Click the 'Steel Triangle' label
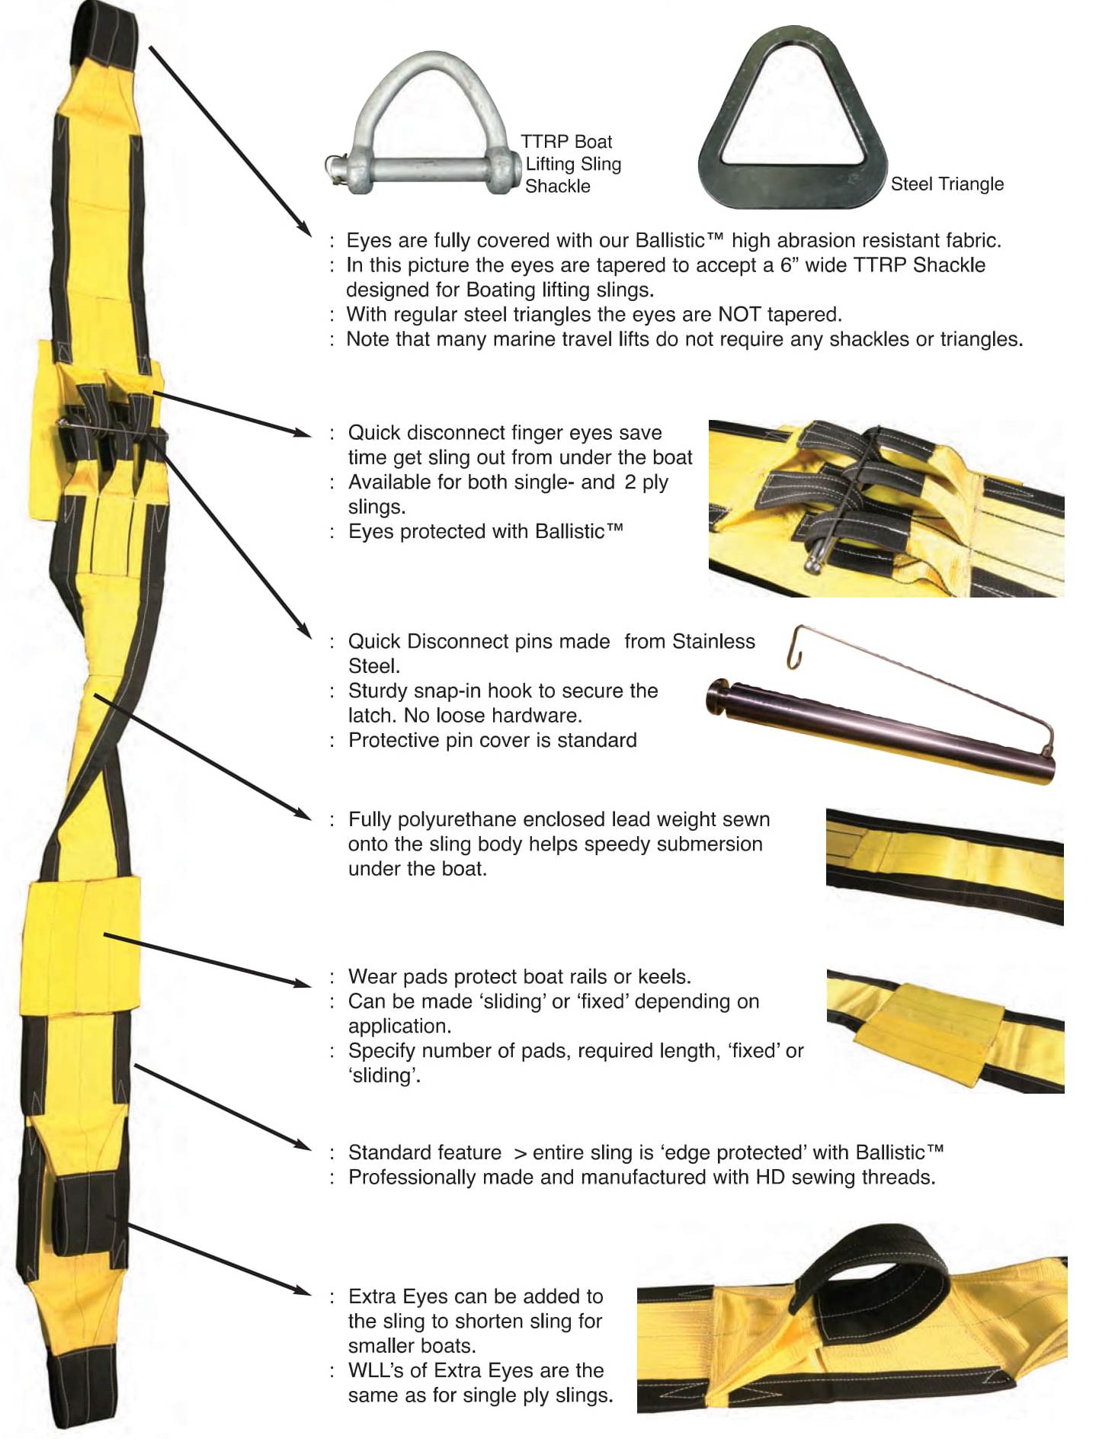tap(947, 184)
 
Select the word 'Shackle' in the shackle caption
tap(557, 186)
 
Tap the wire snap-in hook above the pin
tap(915, 671)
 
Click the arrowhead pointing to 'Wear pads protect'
tap(303, 981)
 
